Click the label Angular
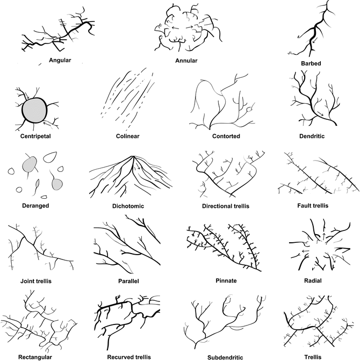(60, 60)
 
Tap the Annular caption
(186, 61)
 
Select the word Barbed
(311, 63)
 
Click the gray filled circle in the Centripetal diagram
(34, 110)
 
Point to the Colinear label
(127, 136)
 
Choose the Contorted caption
(226, 136)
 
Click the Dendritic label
(312, 136)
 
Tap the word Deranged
(35, 206)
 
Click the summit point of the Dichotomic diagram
(133, 156)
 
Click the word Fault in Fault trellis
(304, 206)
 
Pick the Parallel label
(128, 281)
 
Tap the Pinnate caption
(226, 280)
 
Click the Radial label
(313, 280)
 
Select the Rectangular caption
(35, 357)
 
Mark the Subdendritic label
(225, 358)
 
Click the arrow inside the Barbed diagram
(315, 40)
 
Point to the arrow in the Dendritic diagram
(320, 113)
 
